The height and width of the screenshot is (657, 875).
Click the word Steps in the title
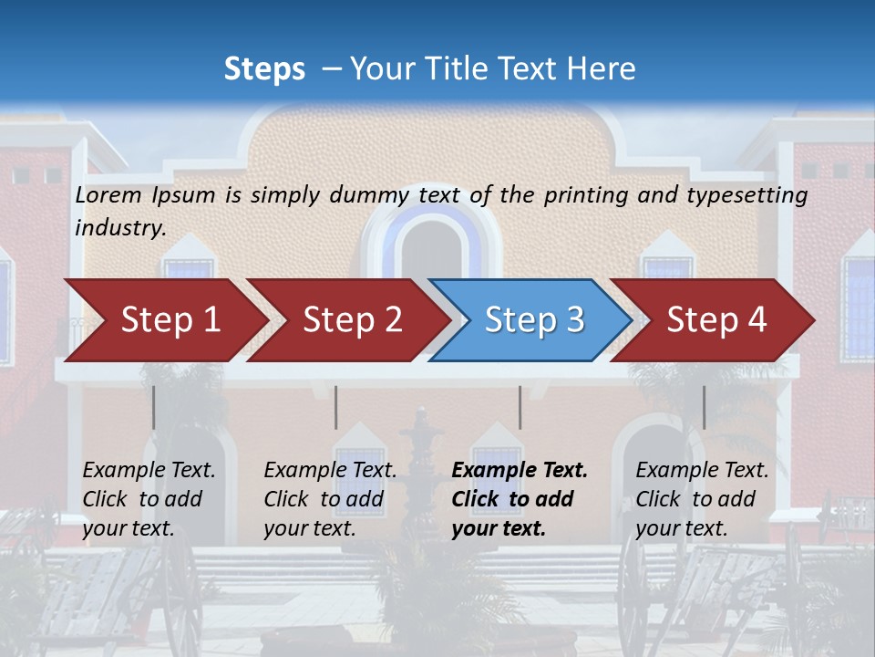(x=264, y=69)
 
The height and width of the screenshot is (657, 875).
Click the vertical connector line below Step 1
(x=154, y=407)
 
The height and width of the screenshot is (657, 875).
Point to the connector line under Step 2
(x=336, y=407)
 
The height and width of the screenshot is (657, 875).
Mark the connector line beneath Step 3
(x=520, y=407)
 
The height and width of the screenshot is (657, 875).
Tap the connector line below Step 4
(x=705, y=407)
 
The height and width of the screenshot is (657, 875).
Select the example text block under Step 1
(x=149, y=499)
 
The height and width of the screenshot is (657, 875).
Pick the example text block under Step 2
(x=330, y=499)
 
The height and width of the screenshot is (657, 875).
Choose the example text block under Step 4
(x=702, y=499)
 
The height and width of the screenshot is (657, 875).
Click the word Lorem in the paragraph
(x=108, y=194)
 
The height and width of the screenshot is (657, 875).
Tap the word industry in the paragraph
(x=119, y=227)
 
